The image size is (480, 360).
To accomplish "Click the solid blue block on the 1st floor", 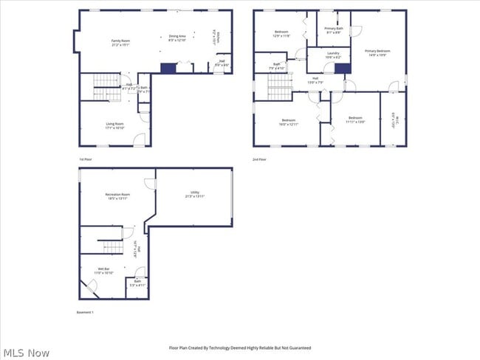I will (x=168, y=68).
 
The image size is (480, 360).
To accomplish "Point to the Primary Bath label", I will (x=333, y=30).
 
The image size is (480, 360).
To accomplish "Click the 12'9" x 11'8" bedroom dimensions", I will (x=281, y=35).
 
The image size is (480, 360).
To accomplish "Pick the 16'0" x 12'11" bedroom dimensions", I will (x=289, y=124).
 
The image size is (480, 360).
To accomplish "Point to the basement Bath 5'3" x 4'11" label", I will (x=138, y=283).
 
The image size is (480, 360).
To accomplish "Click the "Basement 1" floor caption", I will (x=86, y=312).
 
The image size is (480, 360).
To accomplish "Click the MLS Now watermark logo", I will (x=25, y=353).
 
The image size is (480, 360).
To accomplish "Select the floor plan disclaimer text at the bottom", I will (x=240, y=347).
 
